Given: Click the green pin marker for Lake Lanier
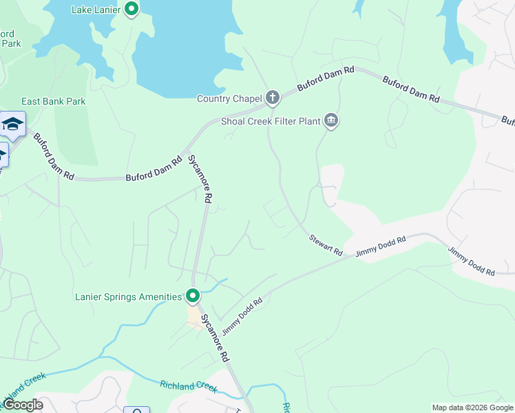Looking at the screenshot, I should [132, 10].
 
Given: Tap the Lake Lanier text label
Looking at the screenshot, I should [96, 10].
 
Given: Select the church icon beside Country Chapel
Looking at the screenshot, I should [273, 98].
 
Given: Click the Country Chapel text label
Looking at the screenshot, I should [229, 99].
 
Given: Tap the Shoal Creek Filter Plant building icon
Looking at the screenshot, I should [332, 121].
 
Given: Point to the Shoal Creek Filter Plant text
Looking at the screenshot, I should [271, 122].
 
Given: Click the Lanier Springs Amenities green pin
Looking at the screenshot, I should [193, 296].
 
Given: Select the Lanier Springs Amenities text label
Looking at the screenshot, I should [128, 297].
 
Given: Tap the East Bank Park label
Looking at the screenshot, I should [54, 101].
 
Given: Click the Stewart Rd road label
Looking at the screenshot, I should [326, 245].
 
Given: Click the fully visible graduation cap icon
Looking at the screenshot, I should [12, 124].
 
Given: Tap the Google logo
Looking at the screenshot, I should [22, 405].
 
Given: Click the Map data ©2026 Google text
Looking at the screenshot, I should [472, 407].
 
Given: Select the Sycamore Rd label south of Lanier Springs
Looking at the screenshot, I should [215, 339].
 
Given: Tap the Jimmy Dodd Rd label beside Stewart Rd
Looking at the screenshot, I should [381, 246].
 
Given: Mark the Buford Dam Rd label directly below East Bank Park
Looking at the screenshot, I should [53, 157].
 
